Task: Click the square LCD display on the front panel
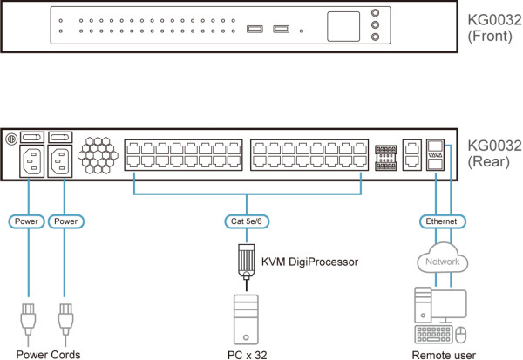(344, 25)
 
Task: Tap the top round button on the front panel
(376, 14)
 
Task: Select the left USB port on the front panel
(253, 31)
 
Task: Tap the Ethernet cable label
(439, 221)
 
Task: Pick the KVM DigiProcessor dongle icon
(247, 261)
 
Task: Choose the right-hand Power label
(65, 221)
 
